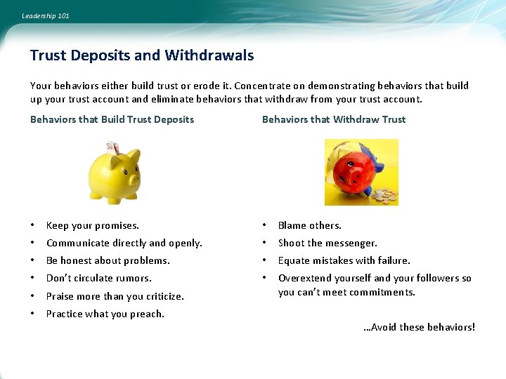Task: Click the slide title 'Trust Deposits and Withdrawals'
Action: (142, 55)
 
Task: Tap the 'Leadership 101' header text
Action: (46, 15)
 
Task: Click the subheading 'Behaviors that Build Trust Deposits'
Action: (112, 119)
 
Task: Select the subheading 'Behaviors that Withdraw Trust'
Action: (334, 119)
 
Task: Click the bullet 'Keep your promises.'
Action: (92, 225)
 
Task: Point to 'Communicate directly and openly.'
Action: (124, 243)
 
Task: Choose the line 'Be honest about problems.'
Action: (108, 260)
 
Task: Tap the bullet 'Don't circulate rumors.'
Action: (98, 278)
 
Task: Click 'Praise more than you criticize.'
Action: (115, 296)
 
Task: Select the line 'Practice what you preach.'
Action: (105, 314)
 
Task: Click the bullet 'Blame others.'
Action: (309, 225)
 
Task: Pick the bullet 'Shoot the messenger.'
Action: (327, 243)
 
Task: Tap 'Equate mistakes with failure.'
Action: (344, 260)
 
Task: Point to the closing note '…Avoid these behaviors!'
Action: (419, 327)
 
